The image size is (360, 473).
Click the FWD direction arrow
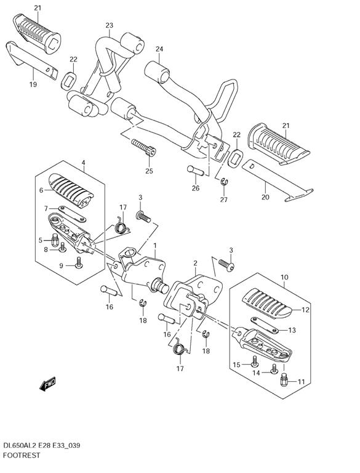47,384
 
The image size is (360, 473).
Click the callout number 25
149,171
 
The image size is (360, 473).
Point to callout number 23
109,25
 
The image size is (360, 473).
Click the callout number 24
159,49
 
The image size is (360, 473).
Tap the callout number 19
33,84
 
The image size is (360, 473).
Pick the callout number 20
265,197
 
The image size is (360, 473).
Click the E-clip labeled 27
224,181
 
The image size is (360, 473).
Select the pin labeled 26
195,171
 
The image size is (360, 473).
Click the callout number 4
83,163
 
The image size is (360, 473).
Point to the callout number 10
284,277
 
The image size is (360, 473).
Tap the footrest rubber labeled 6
71,191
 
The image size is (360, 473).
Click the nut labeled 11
284,380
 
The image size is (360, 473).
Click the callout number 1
155,246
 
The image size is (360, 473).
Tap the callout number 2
195,264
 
